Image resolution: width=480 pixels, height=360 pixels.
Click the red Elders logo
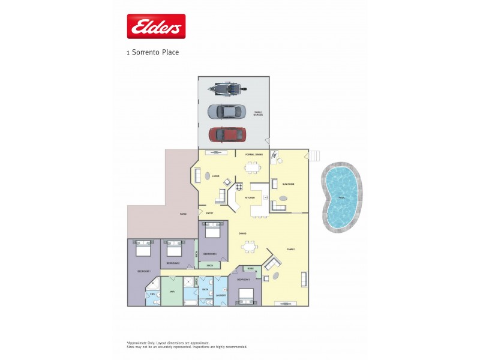click(155, 26)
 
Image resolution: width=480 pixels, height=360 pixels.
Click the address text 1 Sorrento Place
click(152, 52)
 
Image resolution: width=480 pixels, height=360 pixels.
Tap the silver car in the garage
click(226, 111)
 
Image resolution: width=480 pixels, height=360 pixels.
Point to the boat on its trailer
click(227, 89)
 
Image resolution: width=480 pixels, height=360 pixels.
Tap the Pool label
click(341, 197)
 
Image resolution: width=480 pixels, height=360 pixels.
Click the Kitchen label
click(250, 197)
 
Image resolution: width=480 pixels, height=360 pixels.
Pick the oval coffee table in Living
click(208, 176)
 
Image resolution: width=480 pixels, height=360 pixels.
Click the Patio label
click(183, 214)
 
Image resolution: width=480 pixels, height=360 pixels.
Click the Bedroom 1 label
click(143, 271)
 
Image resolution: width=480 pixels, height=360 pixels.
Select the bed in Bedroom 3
click(245, 296)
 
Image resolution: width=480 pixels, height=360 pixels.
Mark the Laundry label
click(220, 294)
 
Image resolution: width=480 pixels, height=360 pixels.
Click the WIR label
click(172, 292)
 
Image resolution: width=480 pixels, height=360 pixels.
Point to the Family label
click(290, 250)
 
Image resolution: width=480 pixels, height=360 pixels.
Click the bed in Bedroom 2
click(175, 248)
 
